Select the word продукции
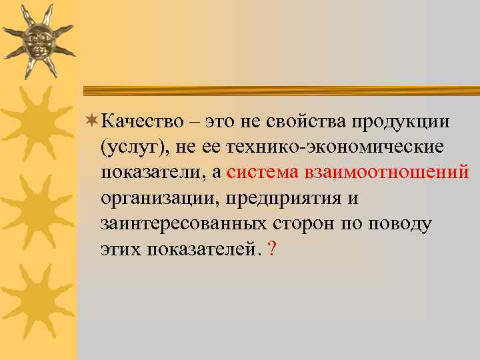402,123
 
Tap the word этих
121,248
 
